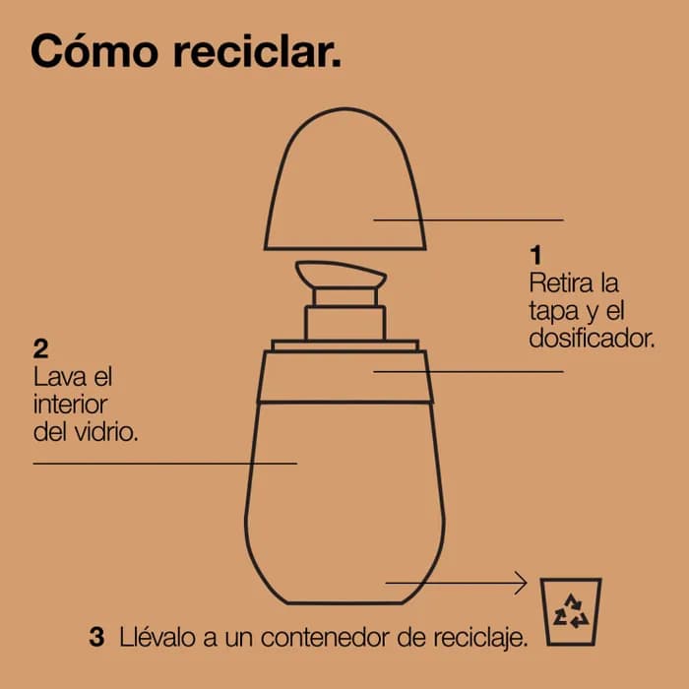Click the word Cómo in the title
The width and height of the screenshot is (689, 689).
[x=94, y=51]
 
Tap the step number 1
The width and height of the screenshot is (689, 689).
[x=535, y=255]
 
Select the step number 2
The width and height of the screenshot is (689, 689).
[x=41, y=348]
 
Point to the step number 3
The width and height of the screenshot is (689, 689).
[x=96, y=637]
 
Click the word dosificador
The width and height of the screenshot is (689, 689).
[x=592, y=339]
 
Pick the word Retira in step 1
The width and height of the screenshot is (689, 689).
[x=558, y=282]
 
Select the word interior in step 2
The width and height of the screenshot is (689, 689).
[x=70, y=405]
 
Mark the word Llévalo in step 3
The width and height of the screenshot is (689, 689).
[x=157, y=637]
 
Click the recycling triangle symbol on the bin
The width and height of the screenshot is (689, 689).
[x=571, y=611]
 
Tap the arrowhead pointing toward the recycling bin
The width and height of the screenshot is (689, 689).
[x=522, y=583]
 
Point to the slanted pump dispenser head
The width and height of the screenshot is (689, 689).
[x=341, y=276]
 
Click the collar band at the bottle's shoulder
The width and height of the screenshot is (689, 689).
[x=345, y=377]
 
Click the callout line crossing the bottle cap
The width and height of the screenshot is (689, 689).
[x=469, y=219]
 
